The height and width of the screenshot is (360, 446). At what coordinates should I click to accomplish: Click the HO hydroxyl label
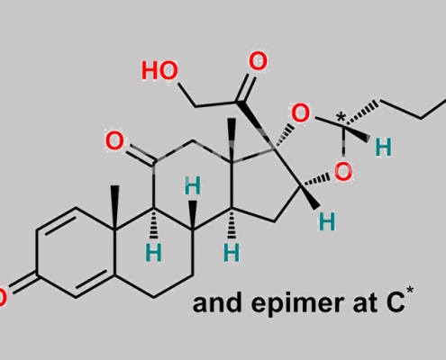coord(159,70)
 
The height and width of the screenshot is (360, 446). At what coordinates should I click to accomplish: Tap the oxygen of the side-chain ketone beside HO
coord(258,61)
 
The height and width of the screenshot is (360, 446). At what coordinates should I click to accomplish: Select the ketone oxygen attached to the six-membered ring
coord(114,140)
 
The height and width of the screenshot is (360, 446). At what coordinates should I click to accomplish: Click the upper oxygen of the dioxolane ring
coord(300,113)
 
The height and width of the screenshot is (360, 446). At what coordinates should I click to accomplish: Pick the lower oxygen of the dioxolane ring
coord(343,171)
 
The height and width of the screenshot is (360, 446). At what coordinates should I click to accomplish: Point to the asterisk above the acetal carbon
coord(341,117)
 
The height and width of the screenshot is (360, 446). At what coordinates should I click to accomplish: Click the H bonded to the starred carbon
coord(384,148)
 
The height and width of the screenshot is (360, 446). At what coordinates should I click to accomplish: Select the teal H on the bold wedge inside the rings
coord(192,185)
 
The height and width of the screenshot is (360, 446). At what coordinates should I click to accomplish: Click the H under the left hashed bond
coord(153,252)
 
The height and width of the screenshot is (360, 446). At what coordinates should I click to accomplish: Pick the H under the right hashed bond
coord(232,252)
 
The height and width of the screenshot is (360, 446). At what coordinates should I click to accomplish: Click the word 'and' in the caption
coord(217,303)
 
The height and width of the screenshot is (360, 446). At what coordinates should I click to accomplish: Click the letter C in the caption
coord(394,303)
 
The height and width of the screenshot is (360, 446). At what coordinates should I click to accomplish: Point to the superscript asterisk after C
coord(410,291)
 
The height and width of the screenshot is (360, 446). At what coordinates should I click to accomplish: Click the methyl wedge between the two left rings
coord(114,208)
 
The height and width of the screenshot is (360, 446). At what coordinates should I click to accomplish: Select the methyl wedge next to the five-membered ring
coord(232,140)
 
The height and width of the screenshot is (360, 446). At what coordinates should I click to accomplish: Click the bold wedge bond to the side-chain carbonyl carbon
coord(256,124)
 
